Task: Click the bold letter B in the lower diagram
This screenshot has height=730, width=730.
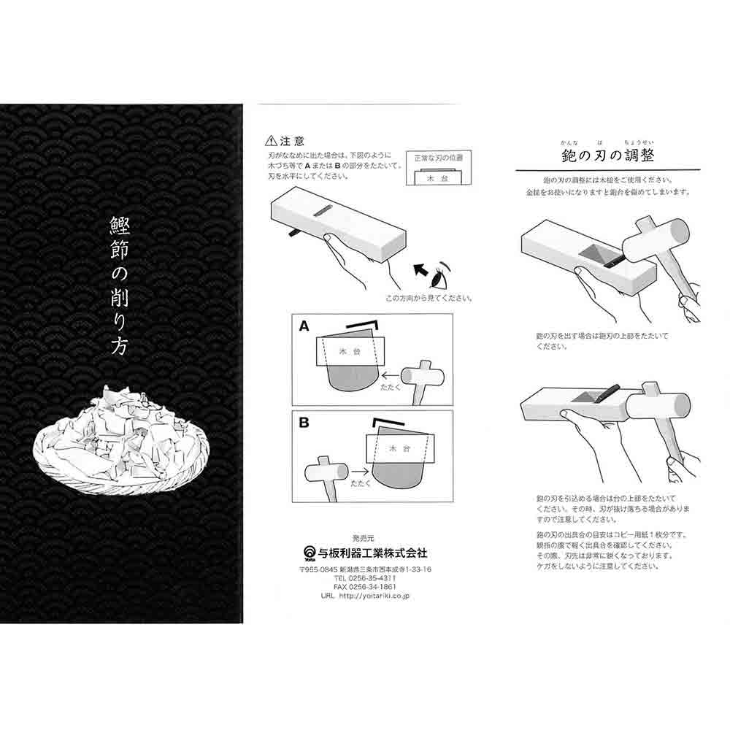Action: (303, 422)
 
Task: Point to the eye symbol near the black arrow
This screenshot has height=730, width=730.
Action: (438, 277)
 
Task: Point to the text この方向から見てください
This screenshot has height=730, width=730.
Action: (429, 298)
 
